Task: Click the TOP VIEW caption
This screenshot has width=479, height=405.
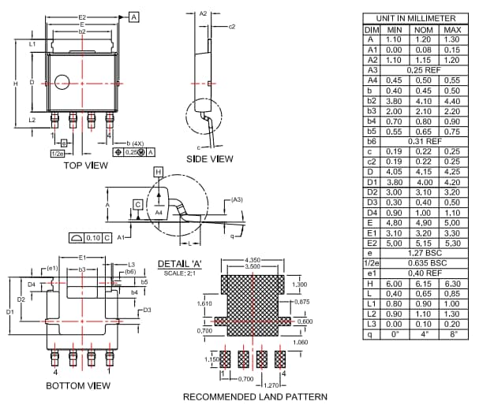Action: [85, 165]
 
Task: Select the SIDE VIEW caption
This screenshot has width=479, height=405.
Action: [209, 158]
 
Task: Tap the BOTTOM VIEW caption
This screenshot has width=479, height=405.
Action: [77, 385]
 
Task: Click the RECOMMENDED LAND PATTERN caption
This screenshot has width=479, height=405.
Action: [255, 396]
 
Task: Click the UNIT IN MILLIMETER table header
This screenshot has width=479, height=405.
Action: [415, 18]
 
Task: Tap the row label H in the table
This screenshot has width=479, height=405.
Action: [370, 283]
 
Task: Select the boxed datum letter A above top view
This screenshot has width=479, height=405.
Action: [133, 17]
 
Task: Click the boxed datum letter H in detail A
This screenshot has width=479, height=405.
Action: [158, 171]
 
